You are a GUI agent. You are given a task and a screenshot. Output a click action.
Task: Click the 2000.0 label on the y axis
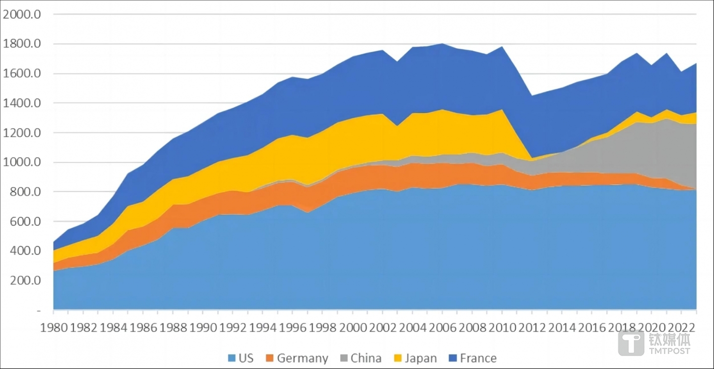coord(21,14)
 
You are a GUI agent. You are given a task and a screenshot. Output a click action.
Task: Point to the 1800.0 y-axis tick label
coord(21,44)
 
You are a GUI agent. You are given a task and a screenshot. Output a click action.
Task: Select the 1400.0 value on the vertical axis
coord(21,103)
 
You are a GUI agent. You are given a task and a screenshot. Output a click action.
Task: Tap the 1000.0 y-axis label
coord(21,162)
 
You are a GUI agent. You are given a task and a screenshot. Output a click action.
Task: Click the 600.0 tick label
coord(25,221)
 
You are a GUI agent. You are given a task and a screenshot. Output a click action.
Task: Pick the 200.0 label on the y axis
coord(25,280)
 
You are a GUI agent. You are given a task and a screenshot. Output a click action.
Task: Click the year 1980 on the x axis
coord(54,328)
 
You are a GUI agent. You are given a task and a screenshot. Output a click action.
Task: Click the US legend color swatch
coord(232,358)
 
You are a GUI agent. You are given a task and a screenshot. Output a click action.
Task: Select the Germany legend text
coord(302,358)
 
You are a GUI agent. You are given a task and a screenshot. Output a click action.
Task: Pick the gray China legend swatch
coord(343,358)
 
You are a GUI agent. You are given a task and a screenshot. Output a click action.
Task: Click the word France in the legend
coord(478,358)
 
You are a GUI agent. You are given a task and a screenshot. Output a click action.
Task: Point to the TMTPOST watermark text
coord(670,351)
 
